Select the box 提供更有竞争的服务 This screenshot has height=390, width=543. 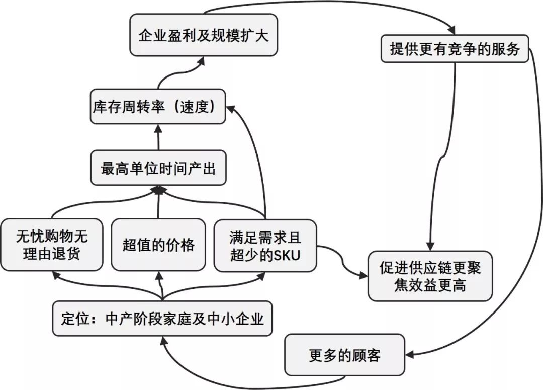[455, 49]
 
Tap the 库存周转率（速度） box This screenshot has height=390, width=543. [158, 107]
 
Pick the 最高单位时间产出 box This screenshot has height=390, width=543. [158, 168]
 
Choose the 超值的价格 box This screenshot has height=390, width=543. [158, 244]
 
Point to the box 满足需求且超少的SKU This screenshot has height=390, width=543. [265, 245]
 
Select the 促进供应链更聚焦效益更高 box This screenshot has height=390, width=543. [430, 276]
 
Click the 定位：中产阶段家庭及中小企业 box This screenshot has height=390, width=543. [162, 319]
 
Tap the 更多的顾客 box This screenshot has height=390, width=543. [344, 355]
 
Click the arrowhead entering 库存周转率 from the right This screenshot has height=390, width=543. [229, 107]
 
